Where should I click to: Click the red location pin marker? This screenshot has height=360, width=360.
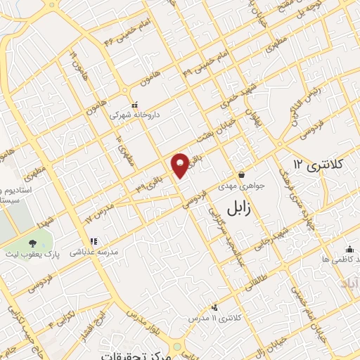[180, 165]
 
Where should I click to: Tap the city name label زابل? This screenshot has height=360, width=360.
[243, 206]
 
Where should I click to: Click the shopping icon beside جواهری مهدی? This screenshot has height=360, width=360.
[241, 175]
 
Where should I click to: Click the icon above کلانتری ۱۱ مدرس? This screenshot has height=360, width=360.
[214, 307]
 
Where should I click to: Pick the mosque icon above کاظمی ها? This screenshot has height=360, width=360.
[349, 249]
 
